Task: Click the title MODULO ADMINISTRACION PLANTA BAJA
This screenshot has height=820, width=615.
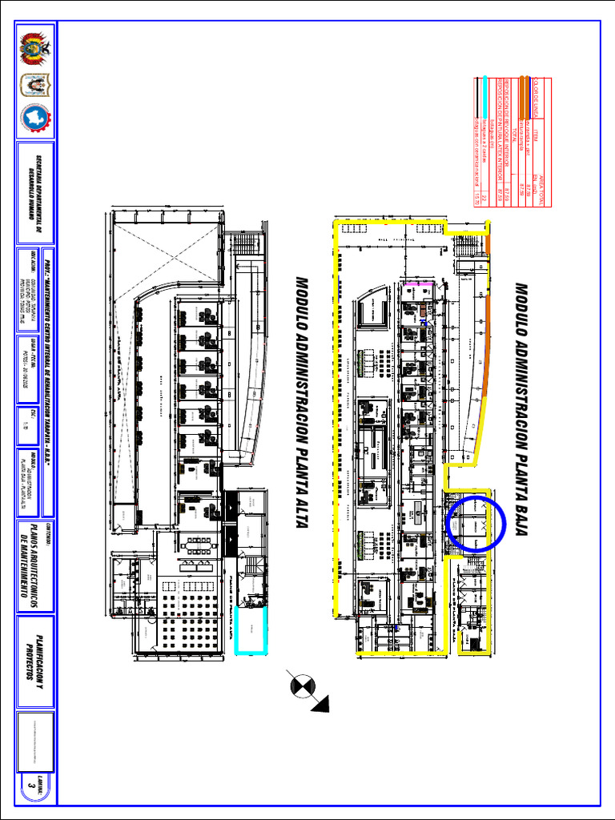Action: (x=521, y=408)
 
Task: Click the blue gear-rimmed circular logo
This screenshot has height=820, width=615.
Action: (x=34, y=119)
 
